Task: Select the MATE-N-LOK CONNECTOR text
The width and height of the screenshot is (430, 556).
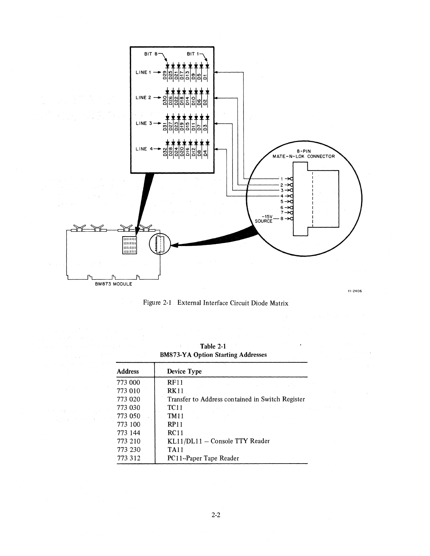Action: (304, 156)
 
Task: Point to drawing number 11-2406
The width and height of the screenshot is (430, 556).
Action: (355, 291)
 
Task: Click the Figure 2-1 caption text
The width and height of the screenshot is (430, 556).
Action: (215, 303)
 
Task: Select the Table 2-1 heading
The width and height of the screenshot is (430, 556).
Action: (213, 347)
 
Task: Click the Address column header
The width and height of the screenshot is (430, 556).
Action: (128, 371)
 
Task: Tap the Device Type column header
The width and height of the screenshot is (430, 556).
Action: (184, 371)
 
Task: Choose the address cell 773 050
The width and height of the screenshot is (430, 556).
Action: (128, 416)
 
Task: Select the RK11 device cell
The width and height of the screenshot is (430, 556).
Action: (175, 391)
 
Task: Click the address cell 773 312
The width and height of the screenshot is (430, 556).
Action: (128, 458)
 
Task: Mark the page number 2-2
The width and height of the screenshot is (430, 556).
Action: (215, 516)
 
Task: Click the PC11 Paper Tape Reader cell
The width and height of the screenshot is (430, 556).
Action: (203, 458)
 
